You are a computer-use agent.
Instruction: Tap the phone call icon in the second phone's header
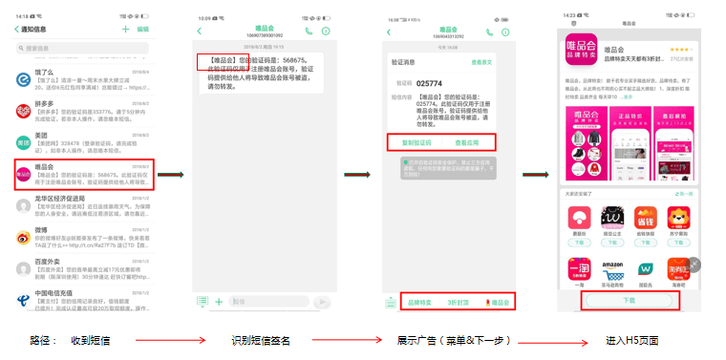308,32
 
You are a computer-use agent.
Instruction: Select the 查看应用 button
468,142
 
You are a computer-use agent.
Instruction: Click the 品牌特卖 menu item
419,302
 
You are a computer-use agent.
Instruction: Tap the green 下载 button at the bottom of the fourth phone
629,300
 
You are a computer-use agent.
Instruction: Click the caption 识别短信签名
260,341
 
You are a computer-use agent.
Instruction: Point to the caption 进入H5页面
631,341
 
